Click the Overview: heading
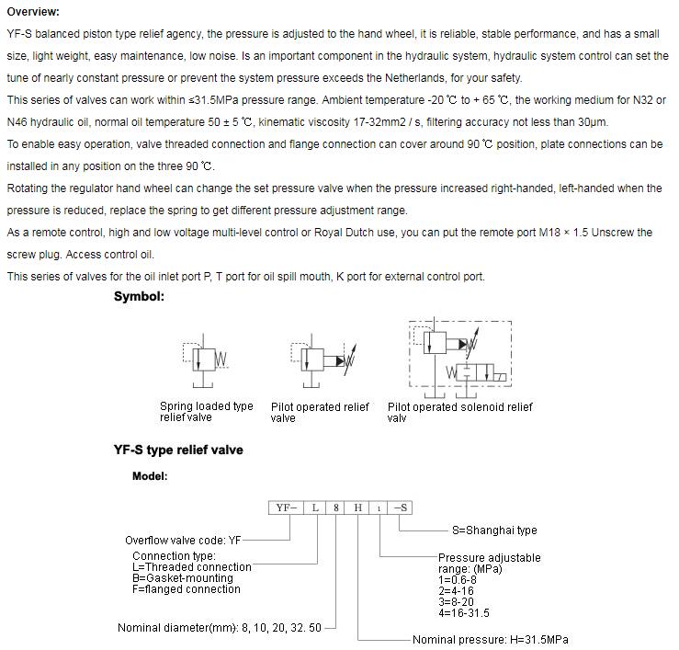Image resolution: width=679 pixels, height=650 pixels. click(33, 12)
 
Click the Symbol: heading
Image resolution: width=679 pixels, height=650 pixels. click(139, 296)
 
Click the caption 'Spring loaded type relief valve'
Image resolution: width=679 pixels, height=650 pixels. click(206, 412)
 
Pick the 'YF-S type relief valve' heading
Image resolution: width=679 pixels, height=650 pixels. click(178, 450)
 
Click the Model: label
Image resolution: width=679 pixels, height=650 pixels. click(150, 476)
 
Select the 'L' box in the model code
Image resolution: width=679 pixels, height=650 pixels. click(315, 507)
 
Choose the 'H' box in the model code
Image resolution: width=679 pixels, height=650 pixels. click(357, 507)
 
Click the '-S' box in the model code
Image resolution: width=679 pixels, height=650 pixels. click(401, 507)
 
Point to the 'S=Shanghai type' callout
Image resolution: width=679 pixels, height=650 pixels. click(494, 530)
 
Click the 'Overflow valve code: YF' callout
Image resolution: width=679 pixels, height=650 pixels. click(184, 541)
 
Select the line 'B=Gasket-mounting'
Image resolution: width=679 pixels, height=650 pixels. click(183, 578)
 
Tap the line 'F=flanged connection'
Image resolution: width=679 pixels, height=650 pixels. click(187, 589)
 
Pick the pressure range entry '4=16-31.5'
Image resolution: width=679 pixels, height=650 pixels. click(464, 613)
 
